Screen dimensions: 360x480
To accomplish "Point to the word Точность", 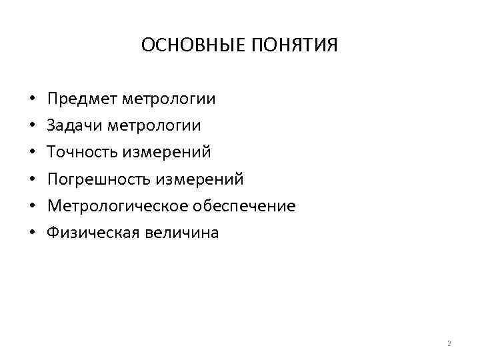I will [81, 153].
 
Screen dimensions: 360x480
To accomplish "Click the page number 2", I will [449, 344].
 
